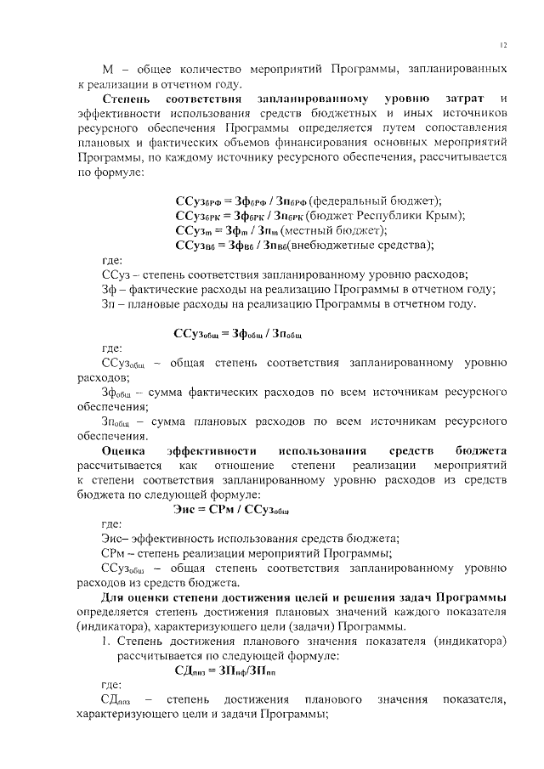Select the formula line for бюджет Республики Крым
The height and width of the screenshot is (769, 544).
click(320, 216)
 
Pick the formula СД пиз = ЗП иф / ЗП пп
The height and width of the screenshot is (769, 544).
click(224, 670)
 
